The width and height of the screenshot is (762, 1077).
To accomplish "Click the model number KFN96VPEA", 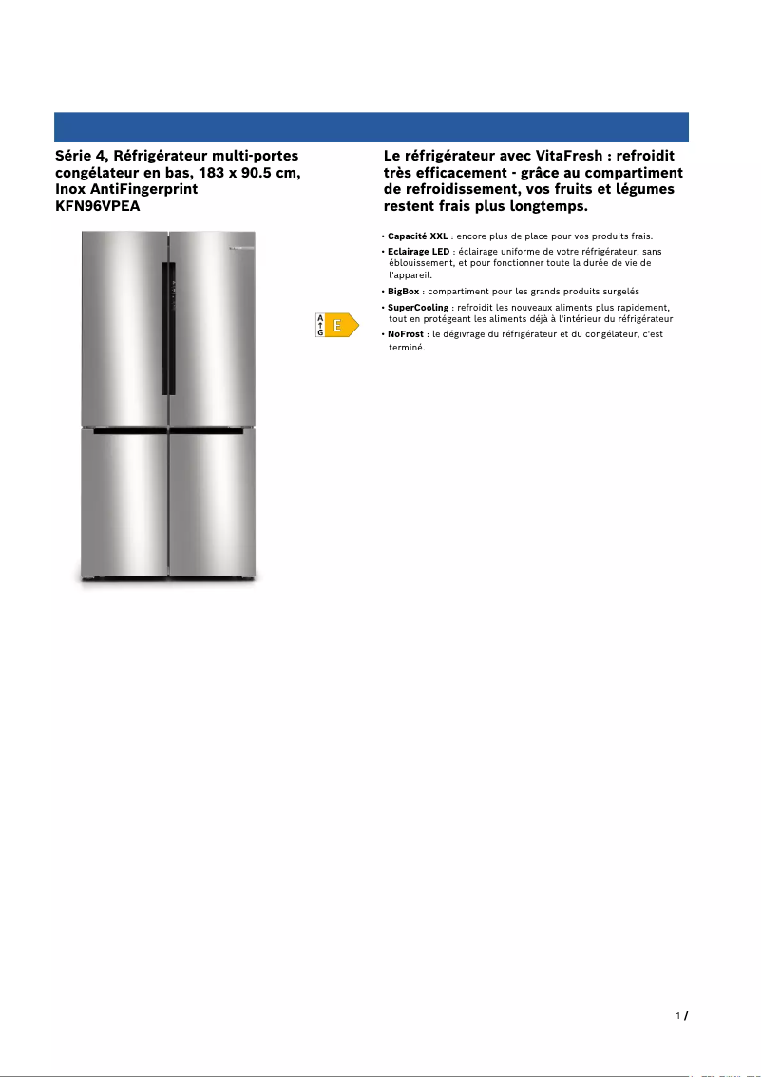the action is [x=98, y=206].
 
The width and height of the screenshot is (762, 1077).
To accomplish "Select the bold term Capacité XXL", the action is [x=418, y=236].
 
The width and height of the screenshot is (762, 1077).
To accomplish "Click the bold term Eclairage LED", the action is [x=419, y=251].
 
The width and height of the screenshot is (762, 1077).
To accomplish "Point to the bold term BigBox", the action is [x=404, y=291].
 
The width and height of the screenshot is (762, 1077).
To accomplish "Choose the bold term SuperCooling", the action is [x=418, y=308].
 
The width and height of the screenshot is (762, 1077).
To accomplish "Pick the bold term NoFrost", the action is [x=406, y=334].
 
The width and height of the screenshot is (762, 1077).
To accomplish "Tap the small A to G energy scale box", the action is [x=321, y=325].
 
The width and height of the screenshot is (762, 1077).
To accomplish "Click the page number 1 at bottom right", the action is [x=678, y=1016].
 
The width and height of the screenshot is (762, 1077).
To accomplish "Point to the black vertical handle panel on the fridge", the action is [x=167, y=328].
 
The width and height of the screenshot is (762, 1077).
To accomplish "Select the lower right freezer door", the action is [x=212, y=503].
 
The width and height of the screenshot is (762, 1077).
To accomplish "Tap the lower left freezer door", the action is [x=124, y=503].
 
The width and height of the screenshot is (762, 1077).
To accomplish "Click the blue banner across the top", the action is [x=371, y=126].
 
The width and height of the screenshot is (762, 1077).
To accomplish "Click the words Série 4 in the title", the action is [x=80, y=155].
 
